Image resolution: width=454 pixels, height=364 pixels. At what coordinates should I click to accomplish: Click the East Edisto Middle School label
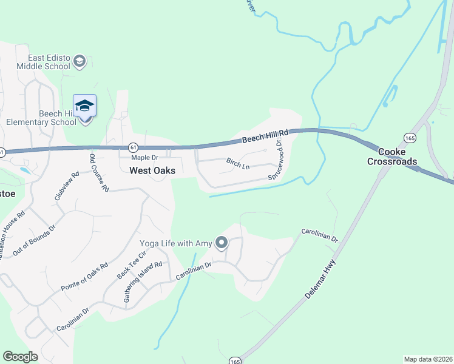tap(38, 61)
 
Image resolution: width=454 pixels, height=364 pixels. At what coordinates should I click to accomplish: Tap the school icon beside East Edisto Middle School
tap(79, 61)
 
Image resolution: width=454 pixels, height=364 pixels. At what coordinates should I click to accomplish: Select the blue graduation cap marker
tap(84, 105)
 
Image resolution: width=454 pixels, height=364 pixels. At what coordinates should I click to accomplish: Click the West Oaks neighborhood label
tap(152, 171)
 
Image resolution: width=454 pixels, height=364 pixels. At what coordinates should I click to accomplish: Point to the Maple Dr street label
tap(136, 158)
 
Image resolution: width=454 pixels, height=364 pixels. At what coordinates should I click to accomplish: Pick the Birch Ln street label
tap(238, 163)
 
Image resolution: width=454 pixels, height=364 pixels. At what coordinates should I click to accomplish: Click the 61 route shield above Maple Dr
tap(133, 147)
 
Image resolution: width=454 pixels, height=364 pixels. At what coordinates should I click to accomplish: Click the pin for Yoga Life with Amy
tap(222, 244)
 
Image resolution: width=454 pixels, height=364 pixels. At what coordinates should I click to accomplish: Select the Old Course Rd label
tap(99, 172)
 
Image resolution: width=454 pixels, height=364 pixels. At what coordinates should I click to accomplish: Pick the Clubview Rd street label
tap(67, 186)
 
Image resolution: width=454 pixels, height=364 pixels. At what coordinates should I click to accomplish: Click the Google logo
tap(20, 357)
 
